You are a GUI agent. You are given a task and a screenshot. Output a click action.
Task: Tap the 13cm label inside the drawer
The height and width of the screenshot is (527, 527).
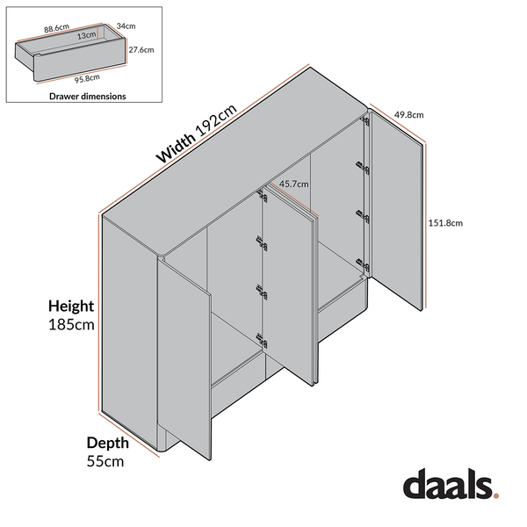pos(86,36)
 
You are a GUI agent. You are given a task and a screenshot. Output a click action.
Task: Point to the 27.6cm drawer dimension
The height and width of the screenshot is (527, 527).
pos(141,51)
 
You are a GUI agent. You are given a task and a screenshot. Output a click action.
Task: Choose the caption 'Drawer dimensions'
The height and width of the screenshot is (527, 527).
pos(87,96)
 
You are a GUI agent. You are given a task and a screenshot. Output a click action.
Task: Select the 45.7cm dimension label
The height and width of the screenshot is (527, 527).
pos(292,185)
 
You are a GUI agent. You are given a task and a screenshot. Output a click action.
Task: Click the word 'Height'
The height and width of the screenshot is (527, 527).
pos(71,307)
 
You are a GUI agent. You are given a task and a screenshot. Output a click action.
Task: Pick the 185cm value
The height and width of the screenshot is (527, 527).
pos(70,325)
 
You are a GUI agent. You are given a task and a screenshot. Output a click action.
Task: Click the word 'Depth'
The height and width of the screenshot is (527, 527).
pos(106,443)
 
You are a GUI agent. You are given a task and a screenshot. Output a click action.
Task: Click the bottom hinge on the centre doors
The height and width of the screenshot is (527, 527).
pos(259,338)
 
